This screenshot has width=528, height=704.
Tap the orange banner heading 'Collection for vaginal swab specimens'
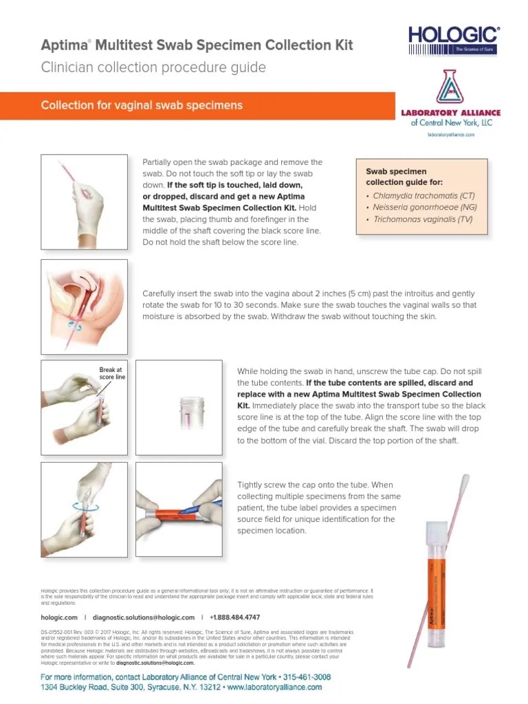coord(142,105)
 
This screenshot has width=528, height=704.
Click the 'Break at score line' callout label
coord(111,373)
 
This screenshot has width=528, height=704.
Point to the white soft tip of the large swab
coord(464,487)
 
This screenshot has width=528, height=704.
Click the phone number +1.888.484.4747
coord(234,617)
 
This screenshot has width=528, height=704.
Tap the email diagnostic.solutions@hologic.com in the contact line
coord(143,617)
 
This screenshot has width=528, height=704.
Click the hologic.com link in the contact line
coord(59,617)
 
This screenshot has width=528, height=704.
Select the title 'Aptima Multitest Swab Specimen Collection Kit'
coord(197,45)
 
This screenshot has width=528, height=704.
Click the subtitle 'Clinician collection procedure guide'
coord(153,67)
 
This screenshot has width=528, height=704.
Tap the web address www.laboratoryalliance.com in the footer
coord(274,687)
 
